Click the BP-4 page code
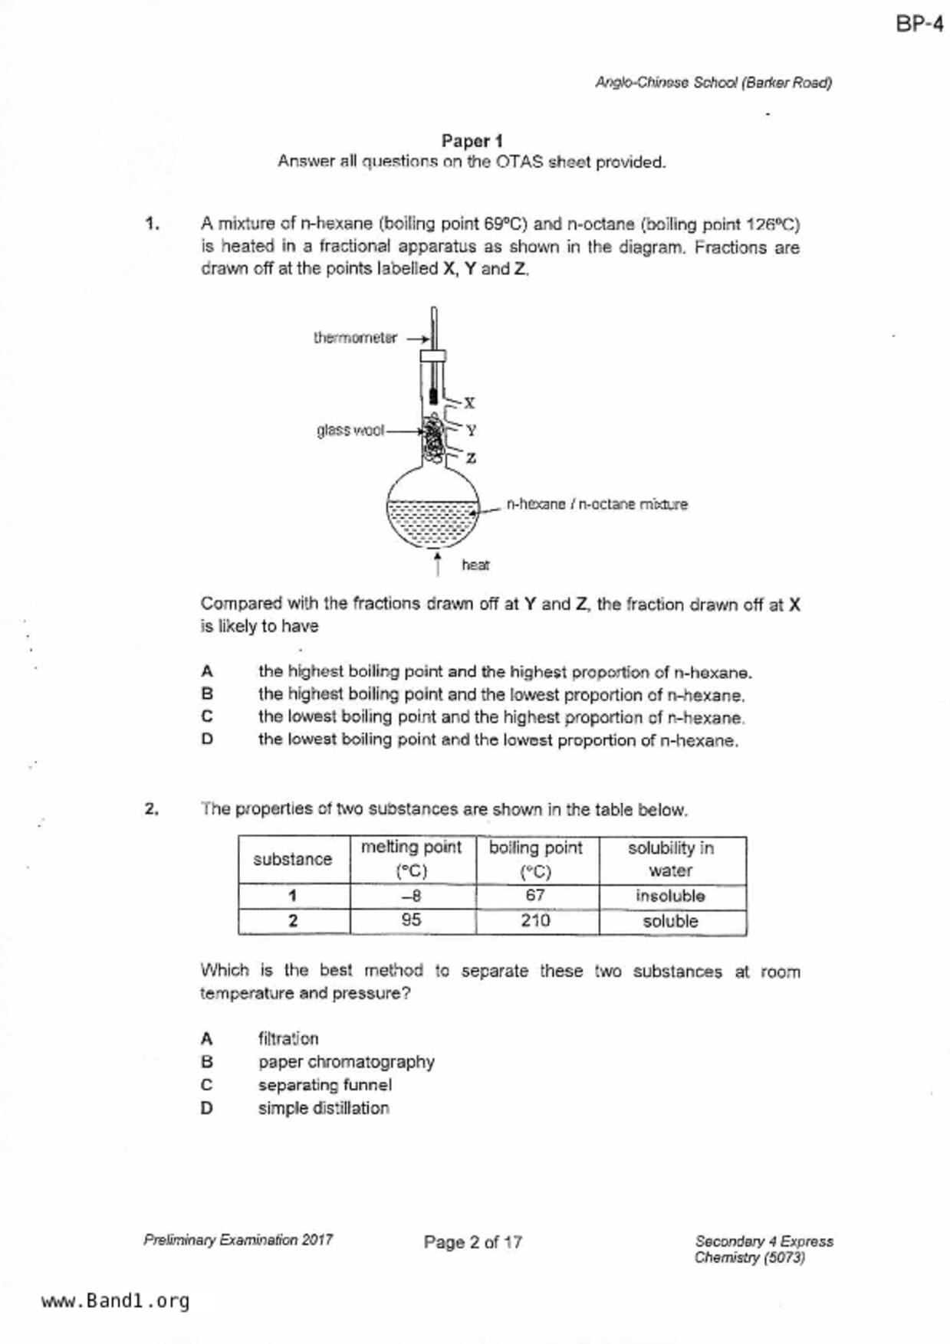pos(919,25)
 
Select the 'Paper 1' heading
pos(472,141)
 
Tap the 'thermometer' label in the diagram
pos(355,338)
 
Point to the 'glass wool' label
pos(350,431)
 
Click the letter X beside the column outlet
pos(470,402)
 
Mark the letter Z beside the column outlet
pos(471,458)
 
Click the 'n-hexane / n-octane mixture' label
pos(597,504)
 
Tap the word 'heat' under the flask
pos(475,565)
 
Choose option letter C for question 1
pos(207,717)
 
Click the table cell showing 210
pos(535,921)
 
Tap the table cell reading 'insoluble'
pos(670,896)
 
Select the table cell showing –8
pos(412,896)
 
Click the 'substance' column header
pos(293,860)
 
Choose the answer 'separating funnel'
pos(324,1085)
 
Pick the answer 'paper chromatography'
pos(346,1062)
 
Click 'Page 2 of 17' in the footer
pos(472,1242)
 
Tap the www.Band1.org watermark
pos(115,1301)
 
